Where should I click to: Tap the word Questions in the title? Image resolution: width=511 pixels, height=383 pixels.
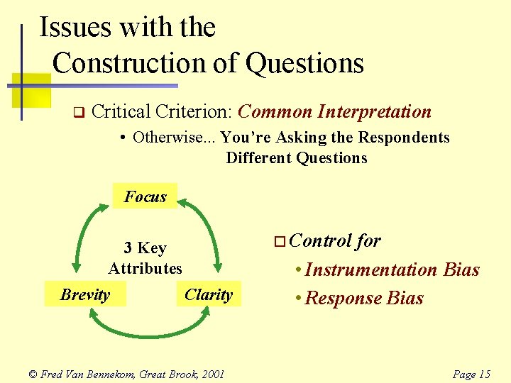[x=304, y=63]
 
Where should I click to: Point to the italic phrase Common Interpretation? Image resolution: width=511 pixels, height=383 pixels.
[x=334, y=112]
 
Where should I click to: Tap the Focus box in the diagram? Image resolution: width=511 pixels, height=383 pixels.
[x=145, y=196]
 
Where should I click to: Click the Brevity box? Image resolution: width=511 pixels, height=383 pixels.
[x=85, y=294]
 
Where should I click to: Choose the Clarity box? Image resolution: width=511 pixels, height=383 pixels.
[x=208, y=294]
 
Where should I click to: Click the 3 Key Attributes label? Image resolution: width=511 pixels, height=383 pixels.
[x=145, y=258]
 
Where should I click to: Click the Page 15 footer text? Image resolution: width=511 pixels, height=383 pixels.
[x=471, y=374]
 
